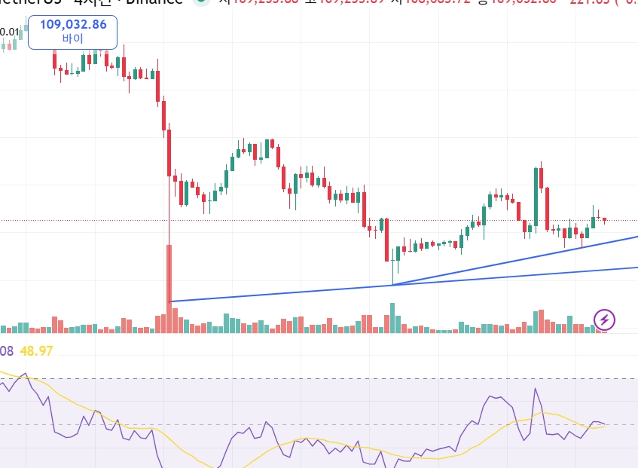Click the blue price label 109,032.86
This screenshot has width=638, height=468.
73,24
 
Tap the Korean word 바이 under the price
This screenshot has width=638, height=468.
73,38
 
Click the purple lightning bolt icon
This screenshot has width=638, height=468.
605,320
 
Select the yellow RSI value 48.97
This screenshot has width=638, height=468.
35,351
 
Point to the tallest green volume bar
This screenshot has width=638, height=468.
392,317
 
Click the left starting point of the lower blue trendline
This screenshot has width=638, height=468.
172,301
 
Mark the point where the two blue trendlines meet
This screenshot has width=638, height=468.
392,285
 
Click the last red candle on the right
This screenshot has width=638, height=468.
604,220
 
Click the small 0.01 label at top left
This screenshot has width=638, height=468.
10,32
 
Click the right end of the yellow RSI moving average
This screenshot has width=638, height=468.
605,426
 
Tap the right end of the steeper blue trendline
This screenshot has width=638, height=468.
636,237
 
